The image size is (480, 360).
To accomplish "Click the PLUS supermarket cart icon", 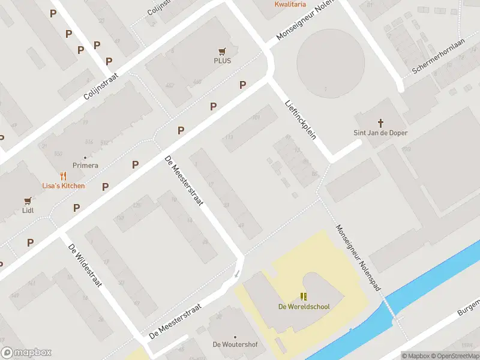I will [222, 52].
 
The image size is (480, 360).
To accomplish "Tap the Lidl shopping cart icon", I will [27, 201].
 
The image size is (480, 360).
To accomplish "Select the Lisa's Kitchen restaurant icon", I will [63, 176].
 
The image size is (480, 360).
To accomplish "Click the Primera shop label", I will [85, 166].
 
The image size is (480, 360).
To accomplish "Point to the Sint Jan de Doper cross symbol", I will [381, 122].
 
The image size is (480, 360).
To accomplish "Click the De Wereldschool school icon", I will [304, 296].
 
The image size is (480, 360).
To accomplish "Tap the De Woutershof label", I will [235, 344].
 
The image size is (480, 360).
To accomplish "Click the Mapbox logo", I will [26, 353].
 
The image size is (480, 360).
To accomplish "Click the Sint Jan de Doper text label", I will [381, 133].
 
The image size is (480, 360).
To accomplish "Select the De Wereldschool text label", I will [304, 307].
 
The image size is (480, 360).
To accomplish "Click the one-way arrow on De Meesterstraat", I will [236, 274].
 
